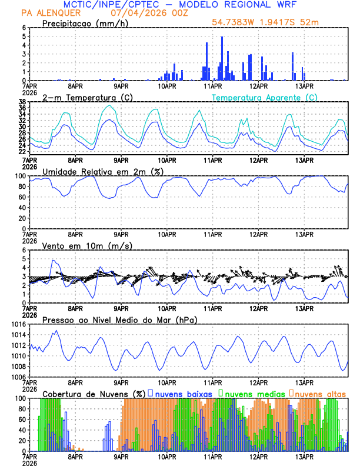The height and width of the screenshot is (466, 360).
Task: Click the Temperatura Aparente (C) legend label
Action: [265, 97]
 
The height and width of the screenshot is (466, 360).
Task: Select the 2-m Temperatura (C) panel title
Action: [89, 97]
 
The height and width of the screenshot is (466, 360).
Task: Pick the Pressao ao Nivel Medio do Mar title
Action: [120, 319]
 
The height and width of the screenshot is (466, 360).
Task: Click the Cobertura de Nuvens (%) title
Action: [94, 394]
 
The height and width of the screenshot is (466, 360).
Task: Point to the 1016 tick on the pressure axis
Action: [19, 324]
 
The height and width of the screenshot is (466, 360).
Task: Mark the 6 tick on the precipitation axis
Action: [24, 28]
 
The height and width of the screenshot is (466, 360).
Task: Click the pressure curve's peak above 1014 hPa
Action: [56, 331]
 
